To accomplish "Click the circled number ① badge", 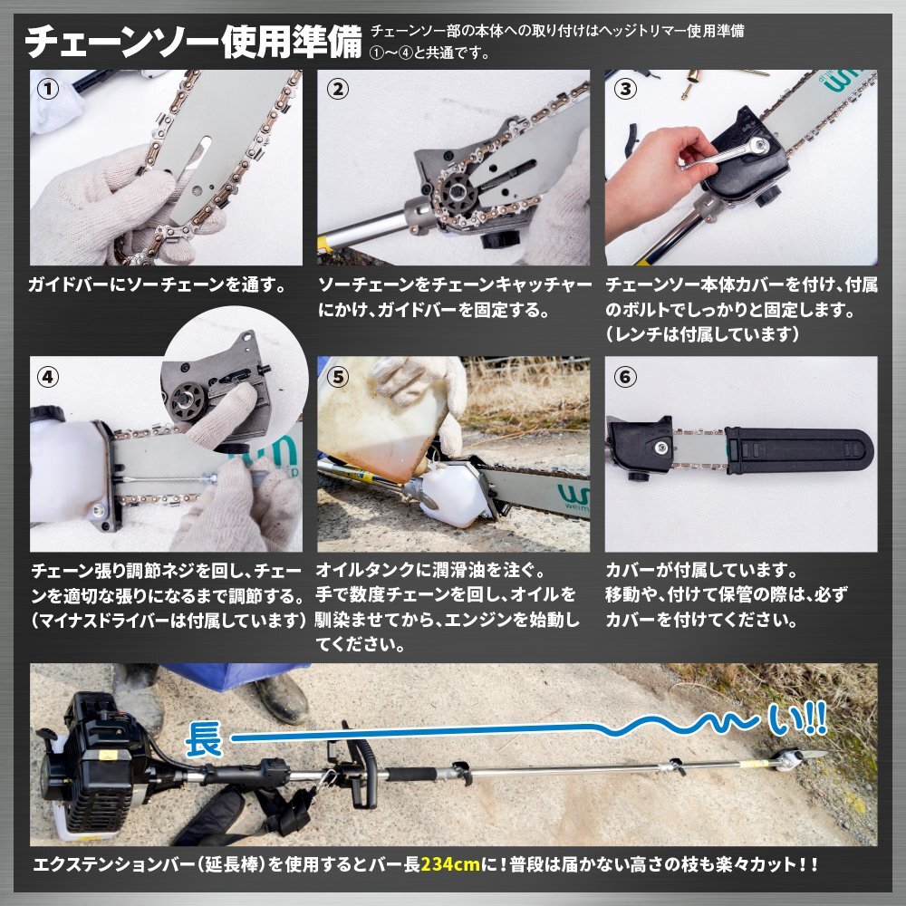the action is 48,89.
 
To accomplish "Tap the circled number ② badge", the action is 337,89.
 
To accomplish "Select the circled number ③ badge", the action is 624,89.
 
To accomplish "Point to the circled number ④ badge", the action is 48,377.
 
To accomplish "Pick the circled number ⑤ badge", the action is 337,377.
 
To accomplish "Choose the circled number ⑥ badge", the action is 624,377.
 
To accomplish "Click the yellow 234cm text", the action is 450,864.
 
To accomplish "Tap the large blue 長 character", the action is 204,740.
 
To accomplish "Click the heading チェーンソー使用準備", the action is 194,41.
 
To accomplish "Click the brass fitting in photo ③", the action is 691,82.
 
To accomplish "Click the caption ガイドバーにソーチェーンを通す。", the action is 157,284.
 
